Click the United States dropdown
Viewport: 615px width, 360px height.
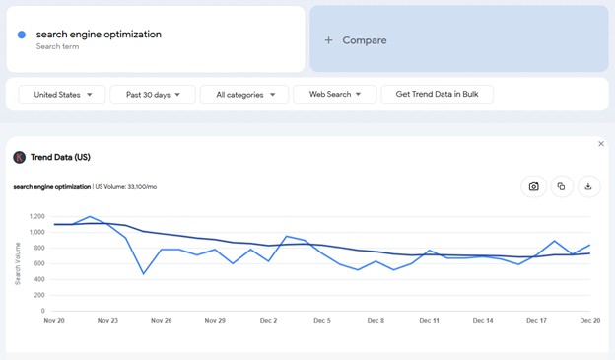pos(62,95)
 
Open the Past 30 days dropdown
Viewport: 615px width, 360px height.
pos(153,95)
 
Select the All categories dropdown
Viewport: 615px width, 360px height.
pos(244,95)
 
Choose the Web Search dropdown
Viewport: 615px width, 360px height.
pos(334,95)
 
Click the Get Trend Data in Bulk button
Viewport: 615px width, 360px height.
pos(437,95)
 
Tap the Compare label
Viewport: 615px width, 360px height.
pos(364,40)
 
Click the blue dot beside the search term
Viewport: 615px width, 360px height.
pos(22,35)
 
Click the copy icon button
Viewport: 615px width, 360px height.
pos(561,186)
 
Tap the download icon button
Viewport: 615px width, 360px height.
pos(588,186)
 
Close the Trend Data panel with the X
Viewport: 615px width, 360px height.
pos(601,144)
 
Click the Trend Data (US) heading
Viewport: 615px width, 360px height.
pos(60,157)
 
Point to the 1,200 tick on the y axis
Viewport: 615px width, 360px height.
pos(36,216)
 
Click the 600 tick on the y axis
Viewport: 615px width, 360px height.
pos(38,263)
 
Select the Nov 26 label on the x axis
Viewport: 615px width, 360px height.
pos(161,321)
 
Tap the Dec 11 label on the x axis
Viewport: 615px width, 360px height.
pos(429,321)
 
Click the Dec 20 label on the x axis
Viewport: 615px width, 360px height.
pos(589,321)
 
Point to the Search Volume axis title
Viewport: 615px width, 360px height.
pos(18,263)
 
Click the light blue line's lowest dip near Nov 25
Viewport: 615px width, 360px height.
pos(144,273)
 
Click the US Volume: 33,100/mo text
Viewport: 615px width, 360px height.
pos(126,186)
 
